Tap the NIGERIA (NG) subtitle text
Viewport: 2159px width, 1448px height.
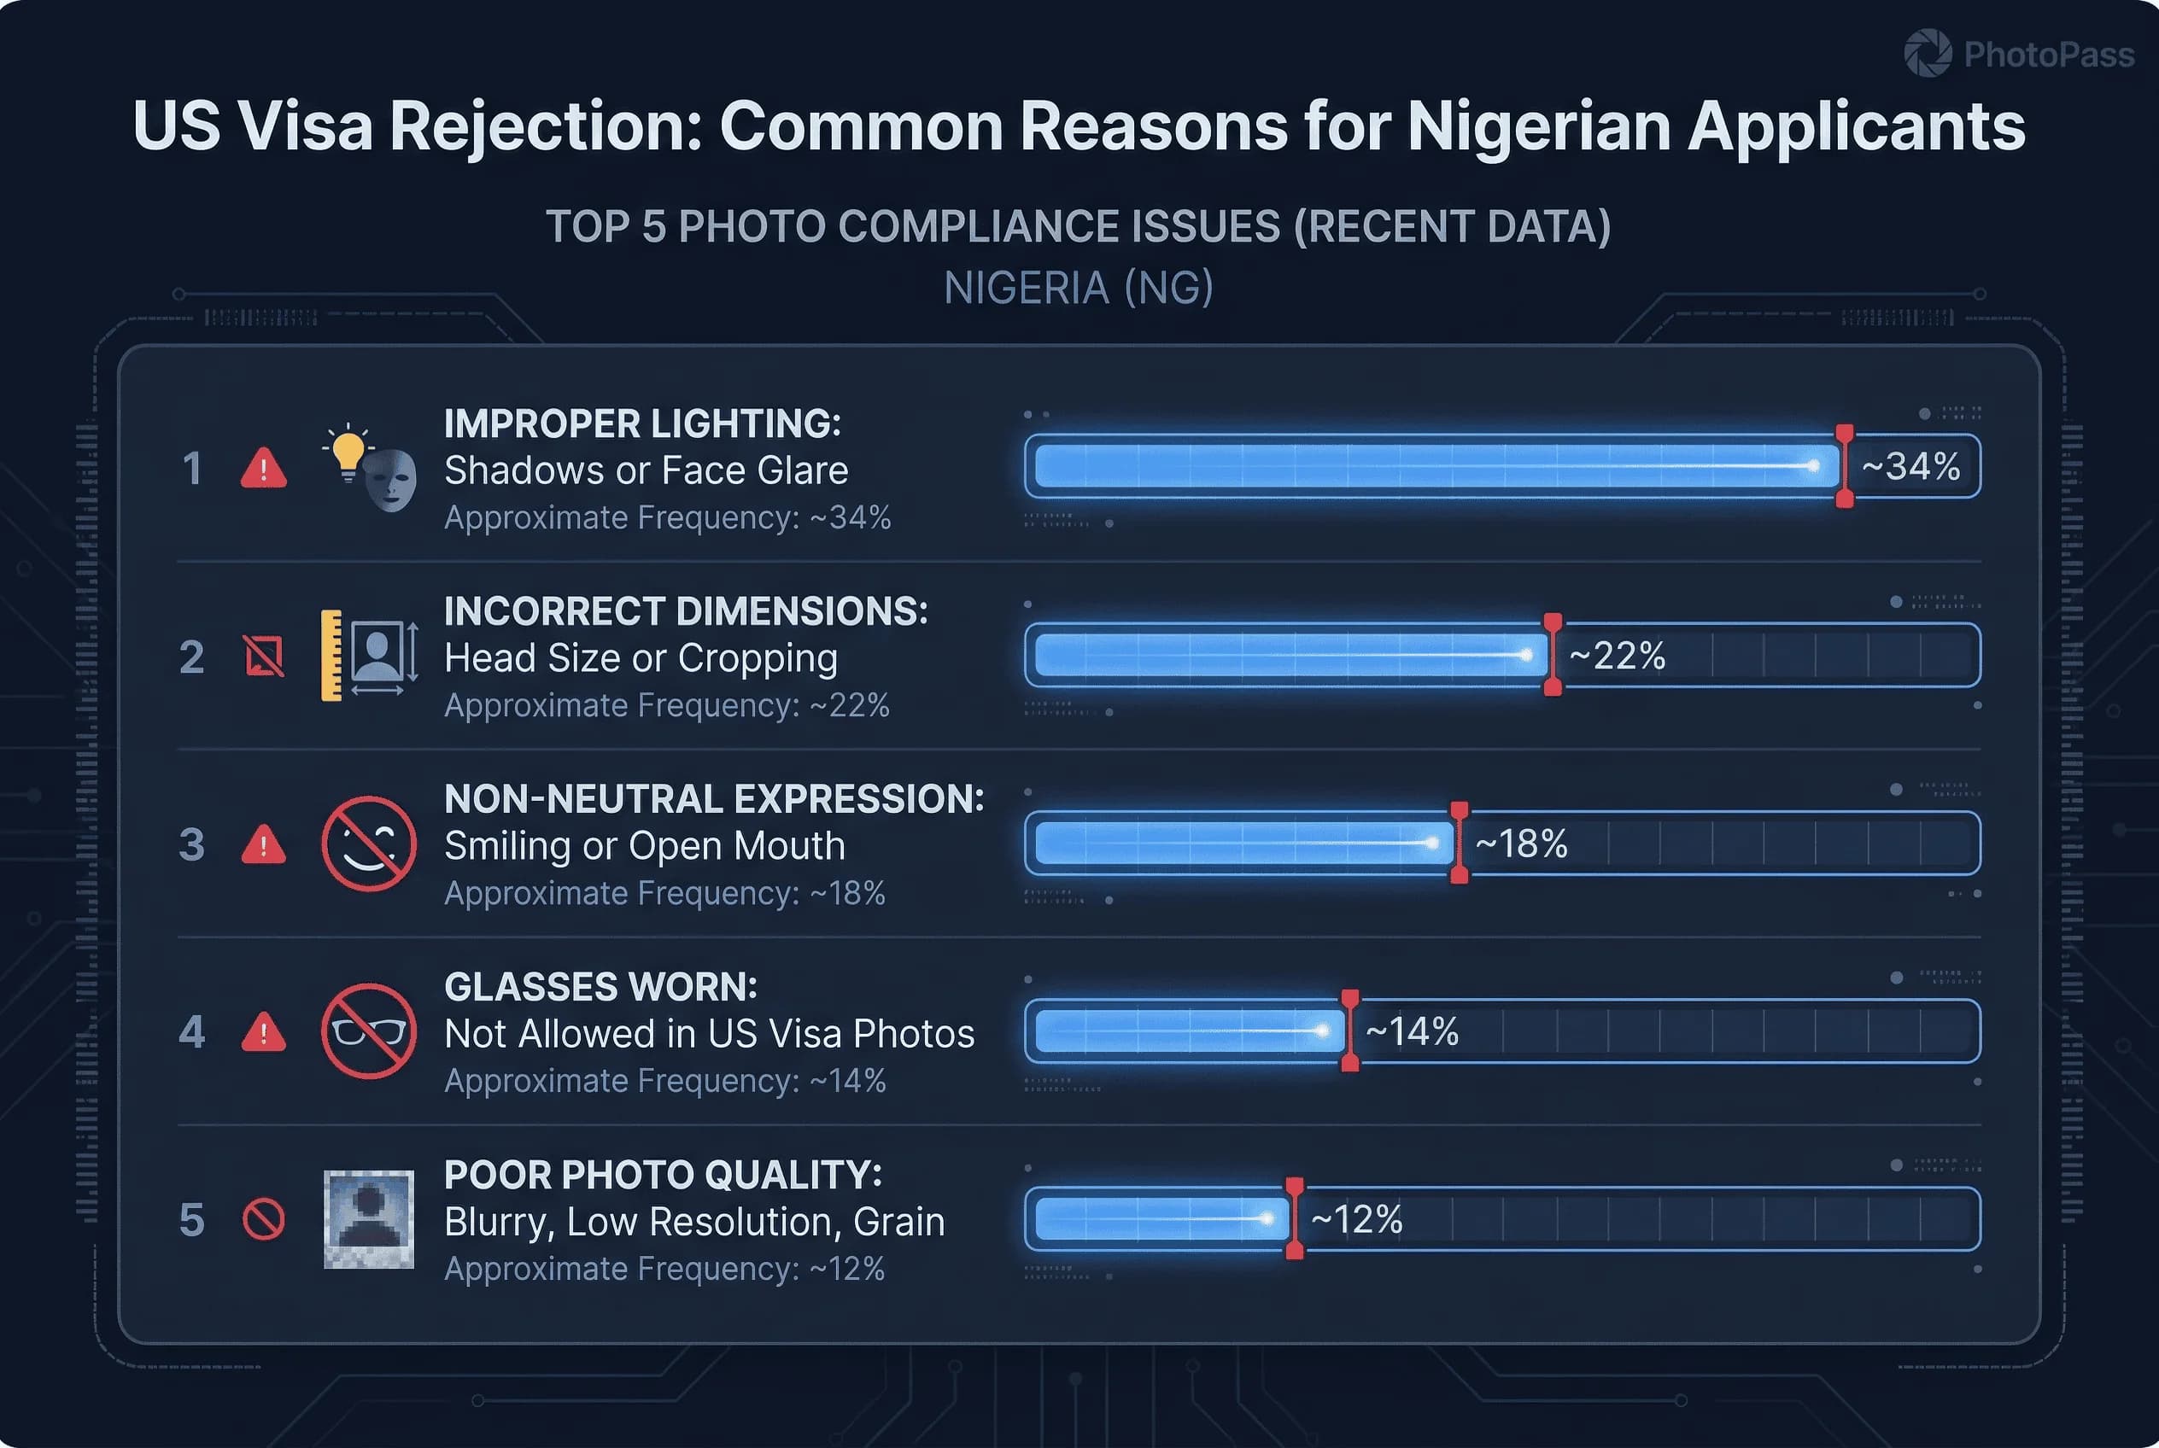(x=1078, y=288)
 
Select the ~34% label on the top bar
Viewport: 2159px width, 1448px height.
(x=1910, y=466)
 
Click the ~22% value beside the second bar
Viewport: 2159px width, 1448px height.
(x=1617, y=656)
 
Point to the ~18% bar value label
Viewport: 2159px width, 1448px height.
(x=1521, y=844)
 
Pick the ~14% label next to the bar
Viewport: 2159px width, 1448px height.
(x=1412, y=1031)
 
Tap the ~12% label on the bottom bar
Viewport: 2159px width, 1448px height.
(x=1356, y=1220)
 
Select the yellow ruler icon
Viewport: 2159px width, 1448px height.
(x=331, y=656)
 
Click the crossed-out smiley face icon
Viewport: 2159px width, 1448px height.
(x=369, y=844)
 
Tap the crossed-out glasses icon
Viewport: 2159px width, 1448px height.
(x=369, y=1031)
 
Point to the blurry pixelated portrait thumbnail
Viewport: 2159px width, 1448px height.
(x=369, y=1219)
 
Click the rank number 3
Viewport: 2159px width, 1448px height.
(x=192, y=844)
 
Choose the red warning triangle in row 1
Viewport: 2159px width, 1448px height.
(x=263, y=469)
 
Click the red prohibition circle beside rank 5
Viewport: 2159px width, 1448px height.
(x=263, y=1220)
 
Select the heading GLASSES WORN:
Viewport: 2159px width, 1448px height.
(x=600, y=987)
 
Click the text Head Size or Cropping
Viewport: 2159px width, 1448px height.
(x=641, y=658)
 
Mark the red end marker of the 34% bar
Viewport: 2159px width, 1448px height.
(x=1844, y=466)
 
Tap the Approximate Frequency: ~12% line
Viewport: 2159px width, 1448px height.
(x=664, y=1269)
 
